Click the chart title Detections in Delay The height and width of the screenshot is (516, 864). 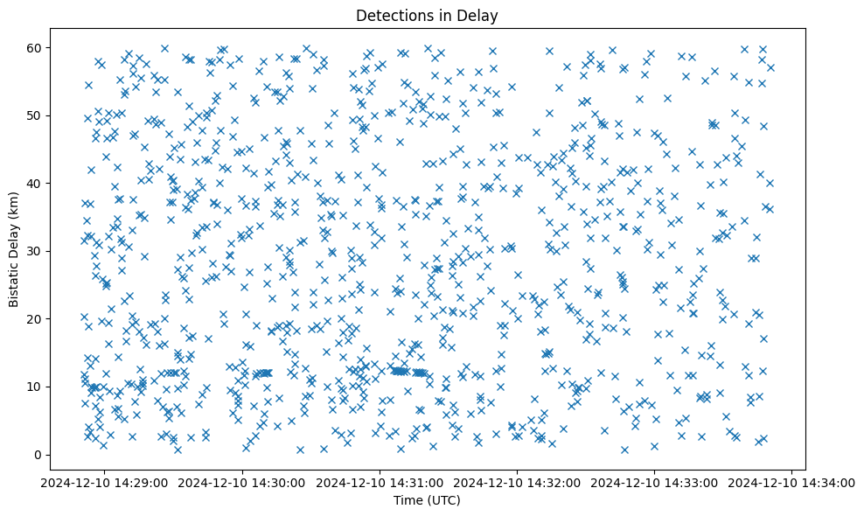coord(427,15)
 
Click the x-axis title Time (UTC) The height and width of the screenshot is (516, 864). coord(427,500)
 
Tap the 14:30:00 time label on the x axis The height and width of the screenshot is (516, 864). coord(242,482)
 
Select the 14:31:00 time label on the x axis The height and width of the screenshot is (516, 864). coord(380,482)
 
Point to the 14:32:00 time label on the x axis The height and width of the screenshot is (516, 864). coord(517,482)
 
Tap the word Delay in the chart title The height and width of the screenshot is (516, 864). coord(480,15)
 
